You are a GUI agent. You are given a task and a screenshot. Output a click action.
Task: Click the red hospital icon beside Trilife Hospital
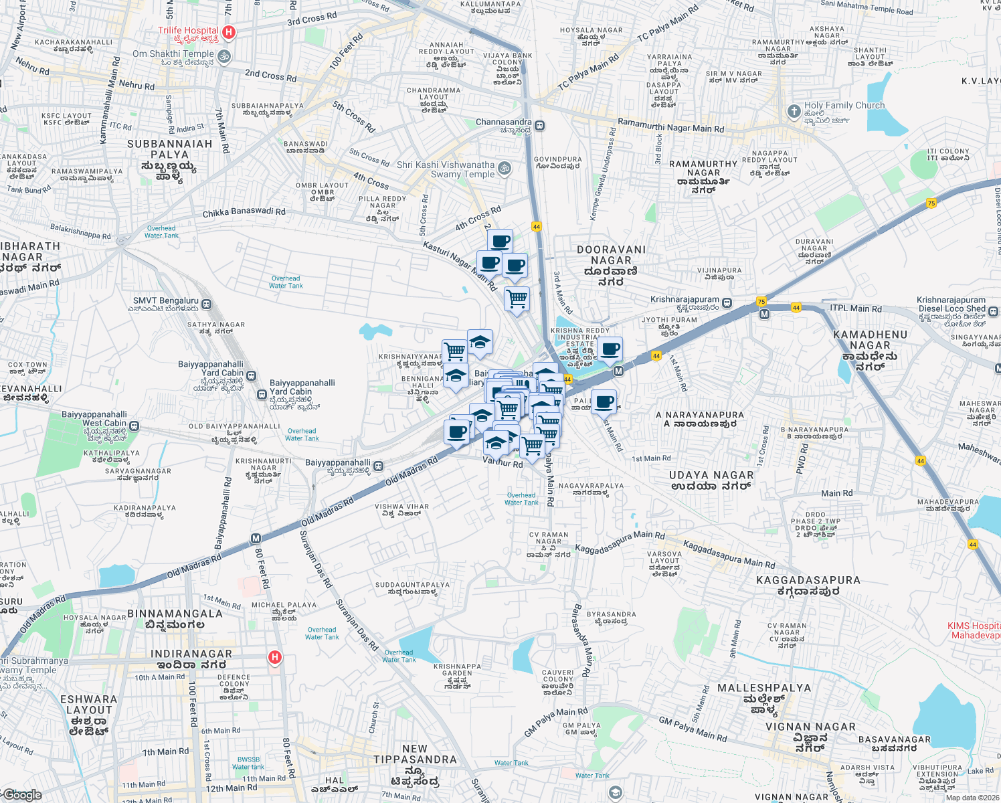click(x=229, y=32)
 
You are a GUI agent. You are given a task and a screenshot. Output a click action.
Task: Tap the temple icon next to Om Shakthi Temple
click(x=225, y=56)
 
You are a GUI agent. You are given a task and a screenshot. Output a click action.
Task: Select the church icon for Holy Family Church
click(x=794, y=111)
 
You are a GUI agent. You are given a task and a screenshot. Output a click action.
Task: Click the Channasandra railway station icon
click(x=540, y=125)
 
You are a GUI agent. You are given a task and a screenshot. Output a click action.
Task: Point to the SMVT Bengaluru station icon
click(x=207, y=304)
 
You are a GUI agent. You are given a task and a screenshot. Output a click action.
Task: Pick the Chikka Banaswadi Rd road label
click(x=244, y=213)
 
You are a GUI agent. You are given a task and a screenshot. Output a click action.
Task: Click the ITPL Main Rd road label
click(x=856, y=308)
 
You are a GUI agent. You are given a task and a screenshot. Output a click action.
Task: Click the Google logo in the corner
click(x=23, y=795)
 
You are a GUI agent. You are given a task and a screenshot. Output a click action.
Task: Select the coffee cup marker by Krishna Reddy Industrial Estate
click(x=610, y=349)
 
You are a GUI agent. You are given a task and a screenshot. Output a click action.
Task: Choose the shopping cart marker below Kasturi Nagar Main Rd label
click(x=517, y=298)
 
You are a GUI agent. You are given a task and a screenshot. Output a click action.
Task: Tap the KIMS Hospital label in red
click(x=974, y=630)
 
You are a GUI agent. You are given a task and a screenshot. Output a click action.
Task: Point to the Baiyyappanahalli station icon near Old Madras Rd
click(x=379, y=466)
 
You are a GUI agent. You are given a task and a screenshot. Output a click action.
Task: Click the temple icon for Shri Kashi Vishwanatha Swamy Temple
click(x=505, y=169)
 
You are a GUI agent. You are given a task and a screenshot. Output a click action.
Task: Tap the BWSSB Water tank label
click(x=248, y=763)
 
